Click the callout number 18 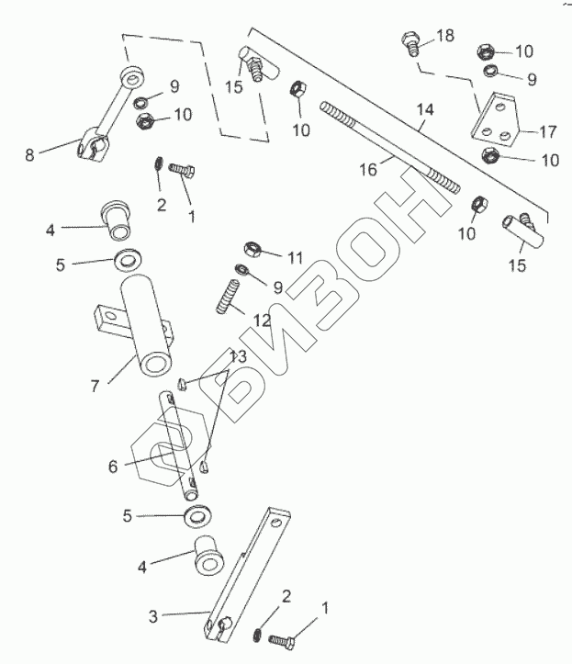445,35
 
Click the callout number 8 30,154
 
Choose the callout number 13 237,356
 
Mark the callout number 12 262,321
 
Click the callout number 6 112,467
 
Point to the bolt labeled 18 409,42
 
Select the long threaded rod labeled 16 389,148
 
